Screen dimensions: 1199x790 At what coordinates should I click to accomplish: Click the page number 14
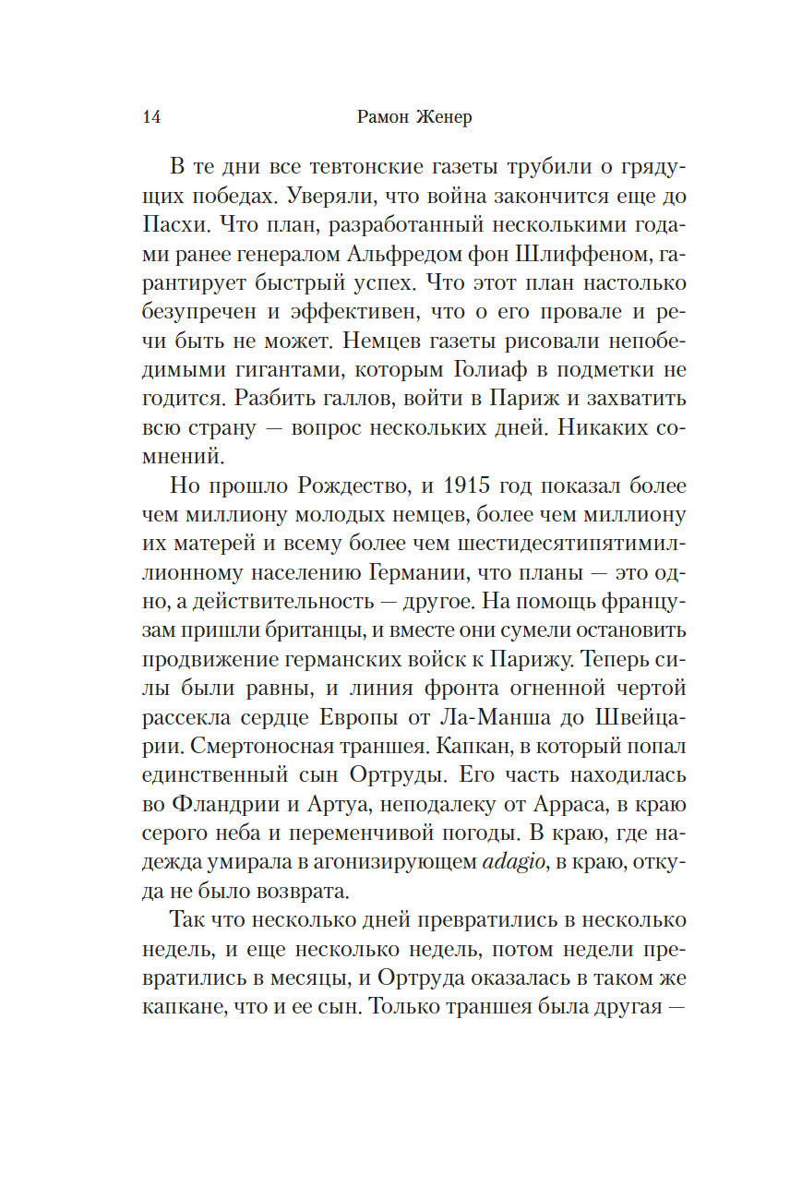(153, 117)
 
